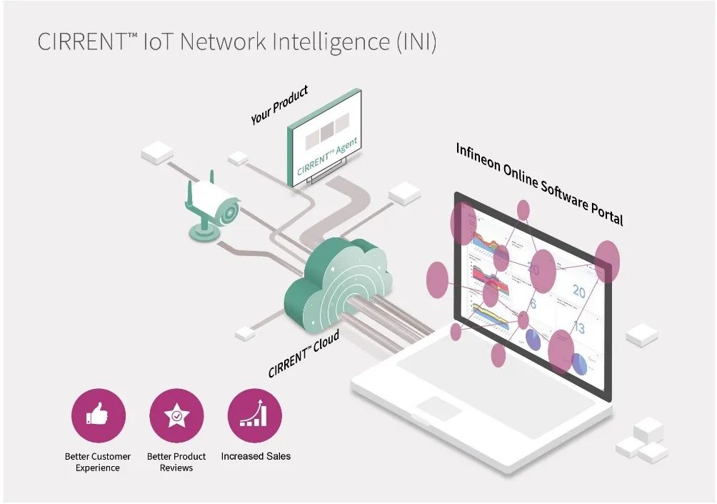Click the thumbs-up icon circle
[x=99, y=416]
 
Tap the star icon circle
[x=176, y=416]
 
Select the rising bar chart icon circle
[x=255, y=416]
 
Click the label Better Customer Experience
[x=98, y=462]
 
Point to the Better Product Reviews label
[x=176, y=462]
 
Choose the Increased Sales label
[x=256, y=456]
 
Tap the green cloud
[x=336, y=286]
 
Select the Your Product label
[x=279, y=105]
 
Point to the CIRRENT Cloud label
[x=304, y=354]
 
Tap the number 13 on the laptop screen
[x=579, y=327]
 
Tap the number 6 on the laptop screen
[x=533, y=303]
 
